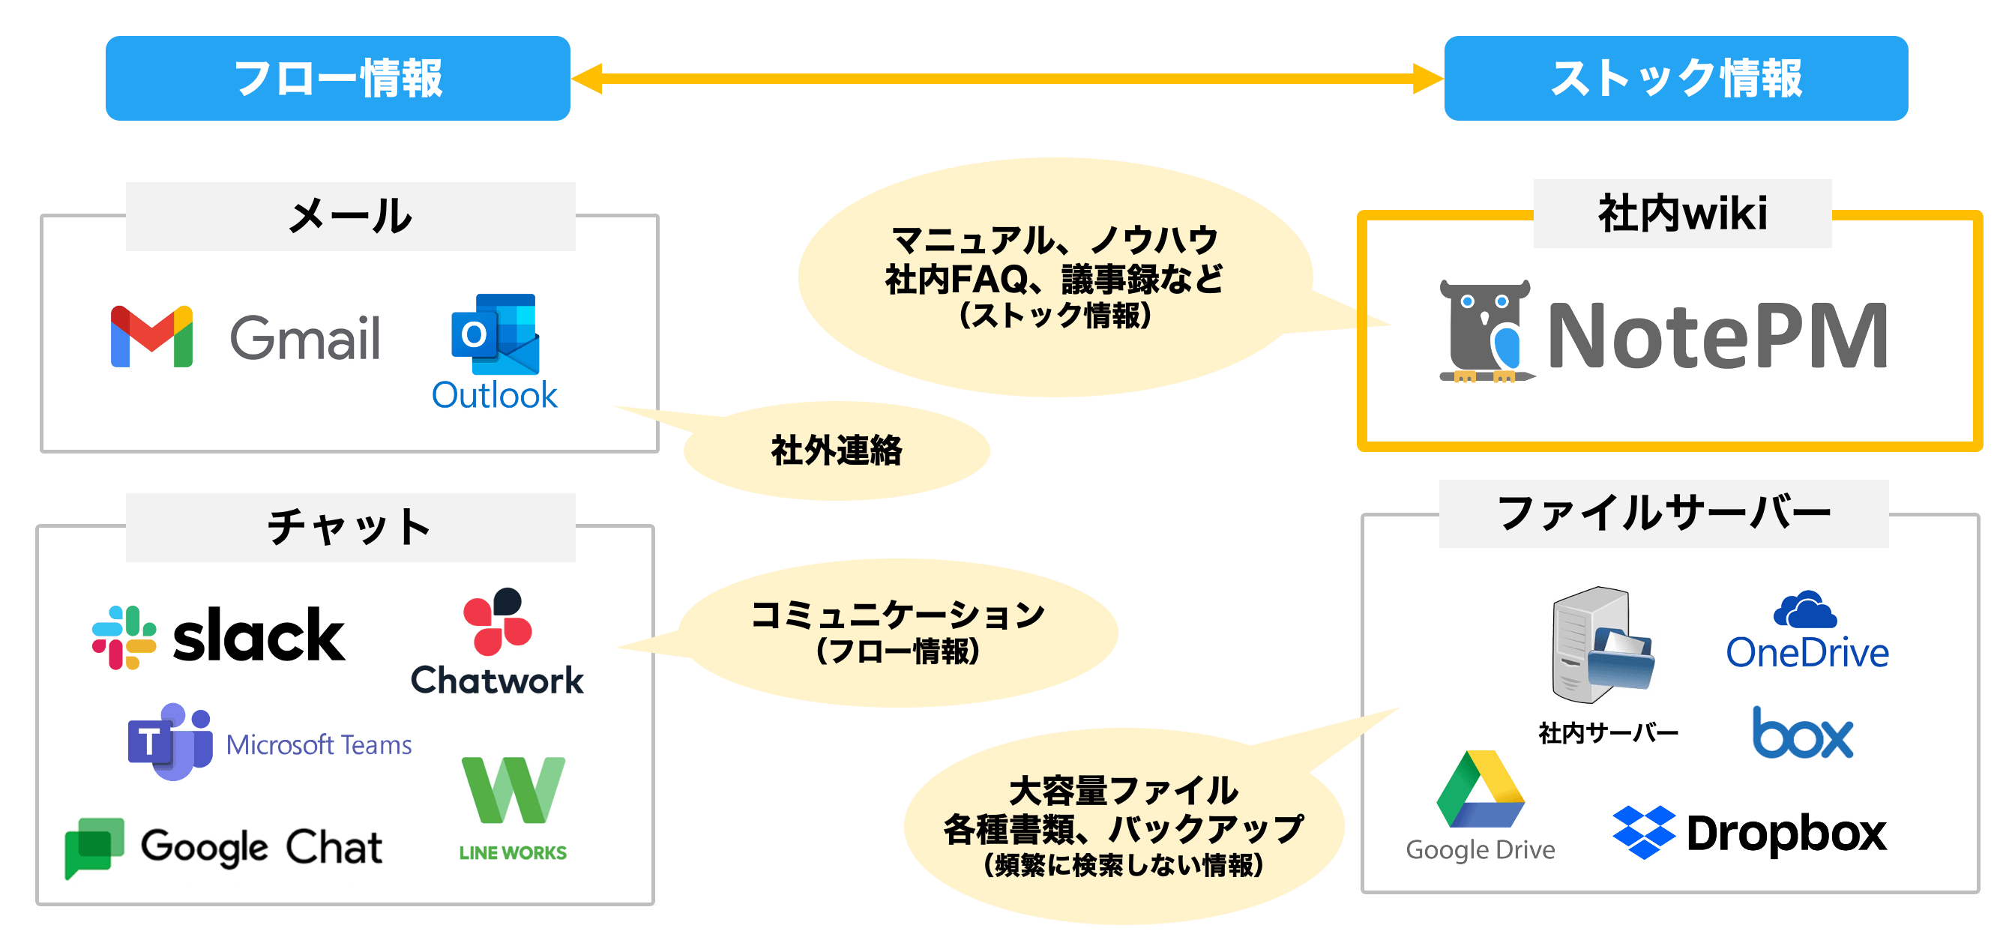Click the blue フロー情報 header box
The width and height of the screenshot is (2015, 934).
click(338, 78)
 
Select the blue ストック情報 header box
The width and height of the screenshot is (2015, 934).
click(1675, 78)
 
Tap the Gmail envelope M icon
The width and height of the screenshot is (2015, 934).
click(151, 337)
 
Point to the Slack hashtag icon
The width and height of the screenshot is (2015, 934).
click(124, 636)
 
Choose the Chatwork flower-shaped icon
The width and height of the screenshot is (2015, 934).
click(497, 621)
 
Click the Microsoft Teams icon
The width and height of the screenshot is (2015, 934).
click(169, 741)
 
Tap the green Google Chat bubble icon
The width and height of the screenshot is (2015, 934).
click(94, 848)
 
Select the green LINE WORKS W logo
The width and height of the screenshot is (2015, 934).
click(513, 790)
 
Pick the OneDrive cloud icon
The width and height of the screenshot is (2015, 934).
click(1805, 610)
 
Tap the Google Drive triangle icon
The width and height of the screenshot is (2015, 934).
click(1481, 789)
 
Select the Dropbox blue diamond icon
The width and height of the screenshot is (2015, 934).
click(1643, 831)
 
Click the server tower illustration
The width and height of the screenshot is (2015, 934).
click(1602, 645)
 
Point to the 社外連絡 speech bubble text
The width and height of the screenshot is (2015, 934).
click(836, 451)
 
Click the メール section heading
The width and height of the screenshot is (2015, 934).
click(349, 216)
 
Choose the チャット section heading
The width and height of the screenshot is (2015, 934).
click(349, 526)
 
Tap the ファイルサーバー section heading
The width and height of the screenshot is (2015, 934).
click(1663, 513)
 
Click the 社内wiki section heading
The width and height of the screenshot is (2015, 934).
click(1683, 213)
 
